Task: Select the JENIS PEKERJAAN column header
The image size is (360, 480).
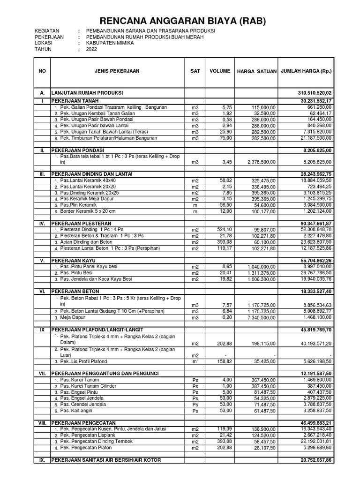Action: pos(117,71)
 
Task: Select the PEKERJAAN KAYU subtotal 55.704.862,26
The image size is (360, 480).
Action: pos(313,260)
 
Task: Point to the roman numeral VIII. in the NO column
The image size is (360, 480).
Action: pos(42,423)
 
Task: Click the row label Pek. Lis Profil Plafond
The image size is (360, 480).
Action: pos(83,361)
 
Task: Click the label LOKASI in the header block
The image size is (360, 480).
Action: pos(43,43)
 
